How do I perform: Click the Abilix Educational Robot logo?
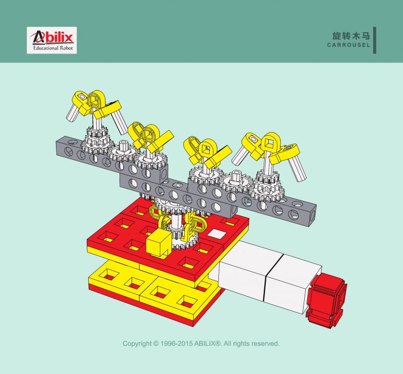51,40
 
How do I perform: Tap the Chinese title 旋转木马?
351,36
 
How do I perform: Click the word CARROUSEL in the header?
349,45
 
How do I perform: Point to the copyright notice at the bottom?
201,343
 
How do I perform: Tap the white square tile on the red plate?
217,234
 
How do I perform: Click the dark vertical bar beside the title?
375,40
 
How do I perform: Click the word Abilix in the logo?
52,37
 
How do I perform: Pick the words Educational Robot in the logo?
53,48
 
